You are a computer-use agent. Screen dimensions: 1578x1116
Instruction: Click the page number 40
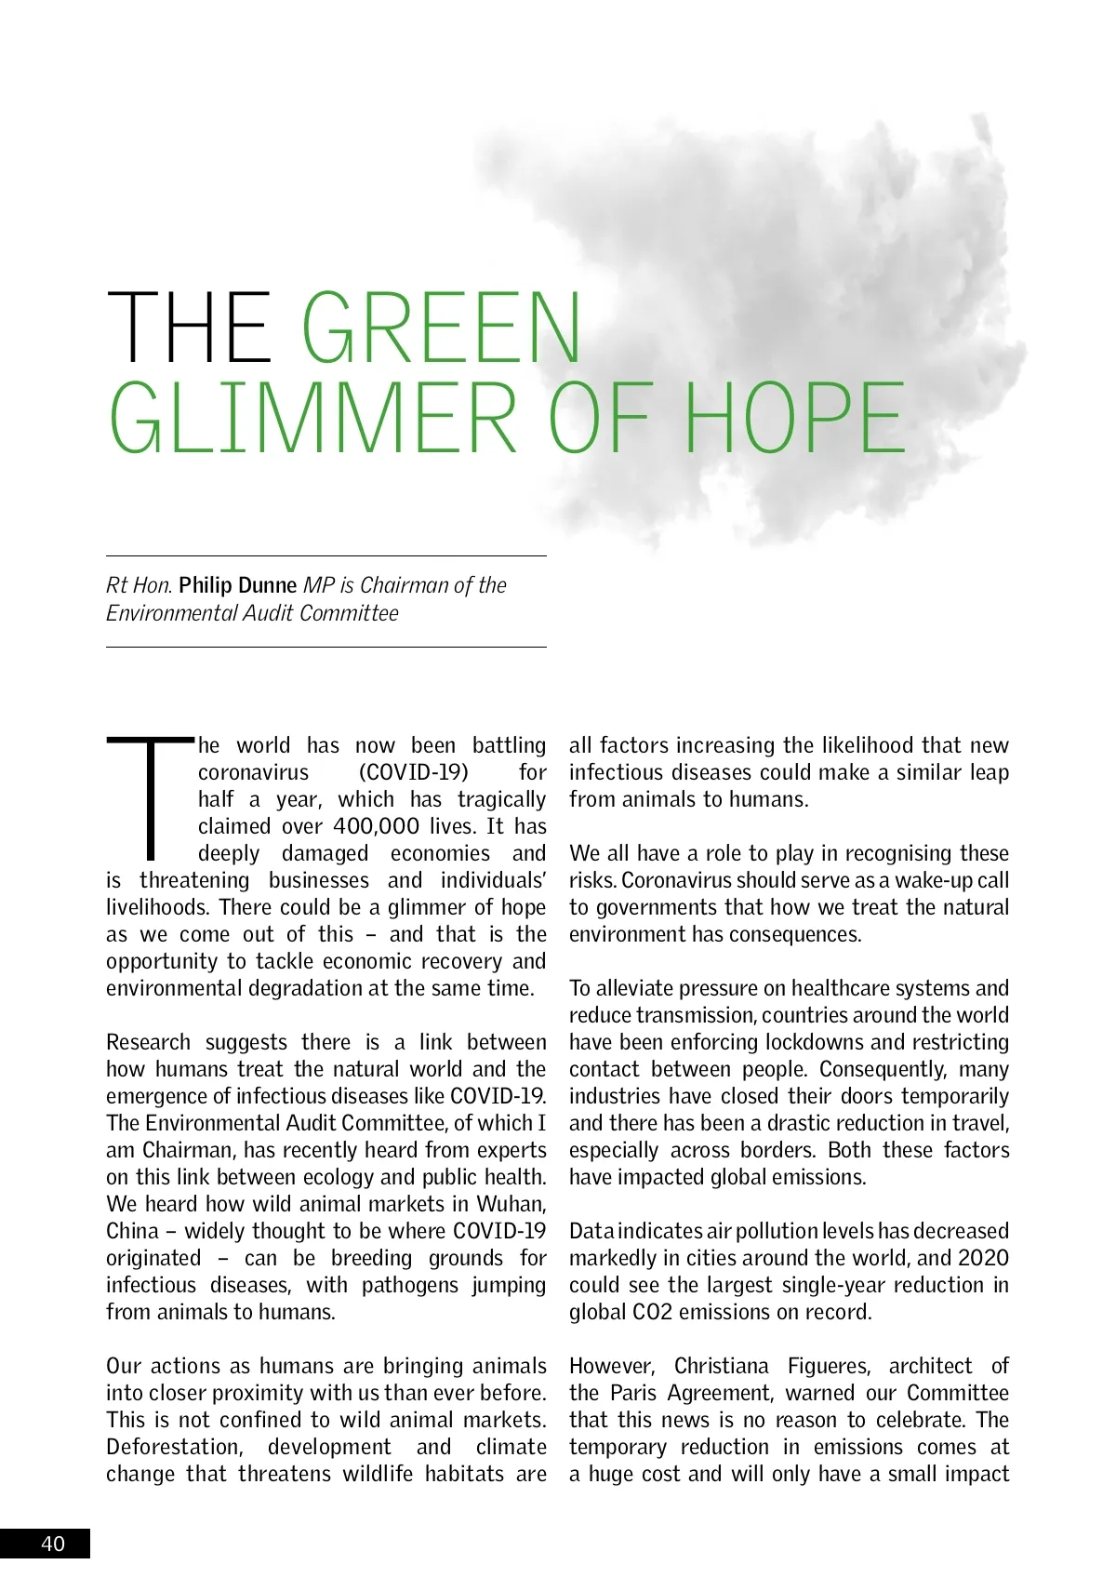pyautogui.click(x=53, y=1544)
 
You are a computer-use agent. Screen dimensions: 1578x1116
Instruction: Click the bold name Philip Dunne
pyautogui.click(x=238, y=585)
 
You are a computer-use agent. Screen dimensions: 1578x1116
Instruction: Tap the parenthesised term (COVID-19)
pyautogui.click(x=413, y=772)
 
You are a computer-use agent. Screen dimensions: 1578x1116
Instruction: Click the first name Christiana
pyautogui.click(x=721, y=1366)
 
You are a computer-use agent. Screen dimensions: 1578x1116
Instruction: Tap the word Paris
pyautogui.click(x=633, y=1393)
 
